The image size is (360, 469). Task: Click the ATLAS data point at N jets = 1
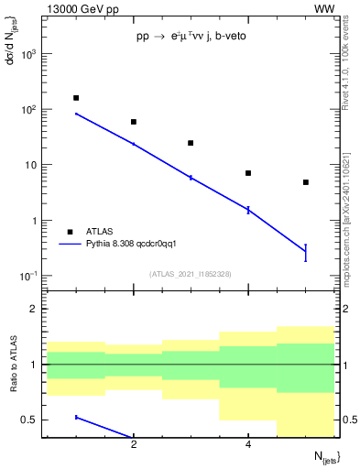76,98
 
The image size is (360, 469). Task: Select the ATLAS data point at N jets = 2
134,122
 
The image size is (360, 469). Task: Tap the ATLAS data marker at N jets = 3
191,143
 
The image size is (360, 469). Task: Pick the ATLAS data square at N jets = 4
248,173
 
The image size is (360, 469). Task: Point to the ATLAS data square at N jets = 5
306,182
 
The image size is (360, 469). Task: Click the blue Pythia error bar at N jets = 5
306,253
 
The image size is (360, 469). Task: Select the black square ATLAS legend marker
71,232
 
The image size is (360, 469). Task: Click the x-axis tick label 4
248,445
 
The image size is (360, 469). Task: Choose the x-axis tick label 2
134,445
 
